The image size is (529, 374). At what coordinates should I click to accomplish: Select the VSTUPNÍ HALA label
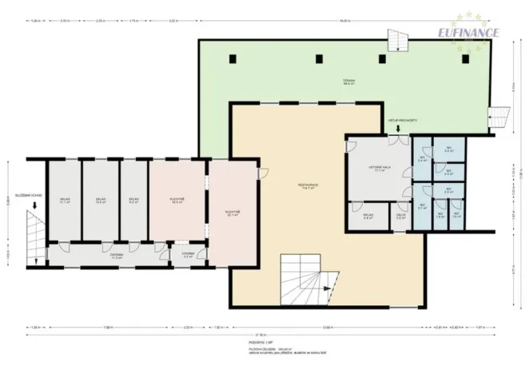377,169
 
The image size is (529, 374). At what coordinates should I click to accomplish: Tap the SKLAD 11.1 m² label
64,201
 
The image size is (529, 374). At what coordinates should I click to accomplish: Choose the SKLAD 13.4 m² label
101,201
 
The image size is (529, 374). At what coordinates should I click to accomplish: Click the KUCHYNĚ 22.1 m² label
233,213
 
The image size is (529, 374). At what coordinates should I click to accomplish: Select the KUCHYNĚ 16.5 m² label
177,201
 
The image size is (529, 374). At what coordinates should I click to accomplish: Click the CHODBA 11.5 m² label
117,256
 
